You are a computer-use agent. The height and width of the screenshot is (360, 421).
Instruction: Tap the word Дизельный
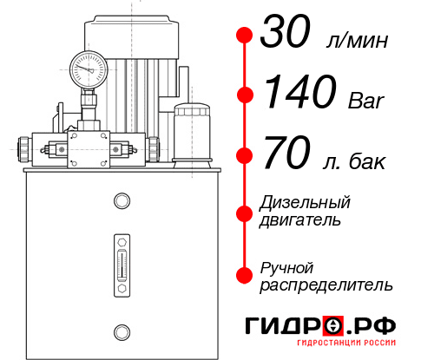point(306,203)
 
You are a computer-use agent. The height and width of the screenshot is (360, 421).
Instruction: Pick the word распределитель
point(326,285)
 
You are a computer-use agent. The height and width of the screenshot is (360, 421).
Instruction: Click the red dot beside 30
point(245,36)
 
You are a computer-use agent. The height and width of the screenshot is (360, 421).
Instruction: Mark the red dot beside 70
point(245,155)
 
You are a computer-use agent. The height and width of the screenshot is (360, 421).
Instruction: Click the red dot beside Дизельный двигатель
point(245,212)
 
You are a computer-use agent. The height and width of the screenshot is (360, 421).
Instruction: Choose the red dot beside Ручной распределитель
point(245,275)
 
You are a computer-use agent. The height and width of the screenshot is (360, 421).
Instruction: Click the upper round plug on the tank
point(121,202)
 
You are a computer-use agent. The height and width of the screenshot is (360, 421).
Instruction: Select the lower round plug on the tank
point(121,330)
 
